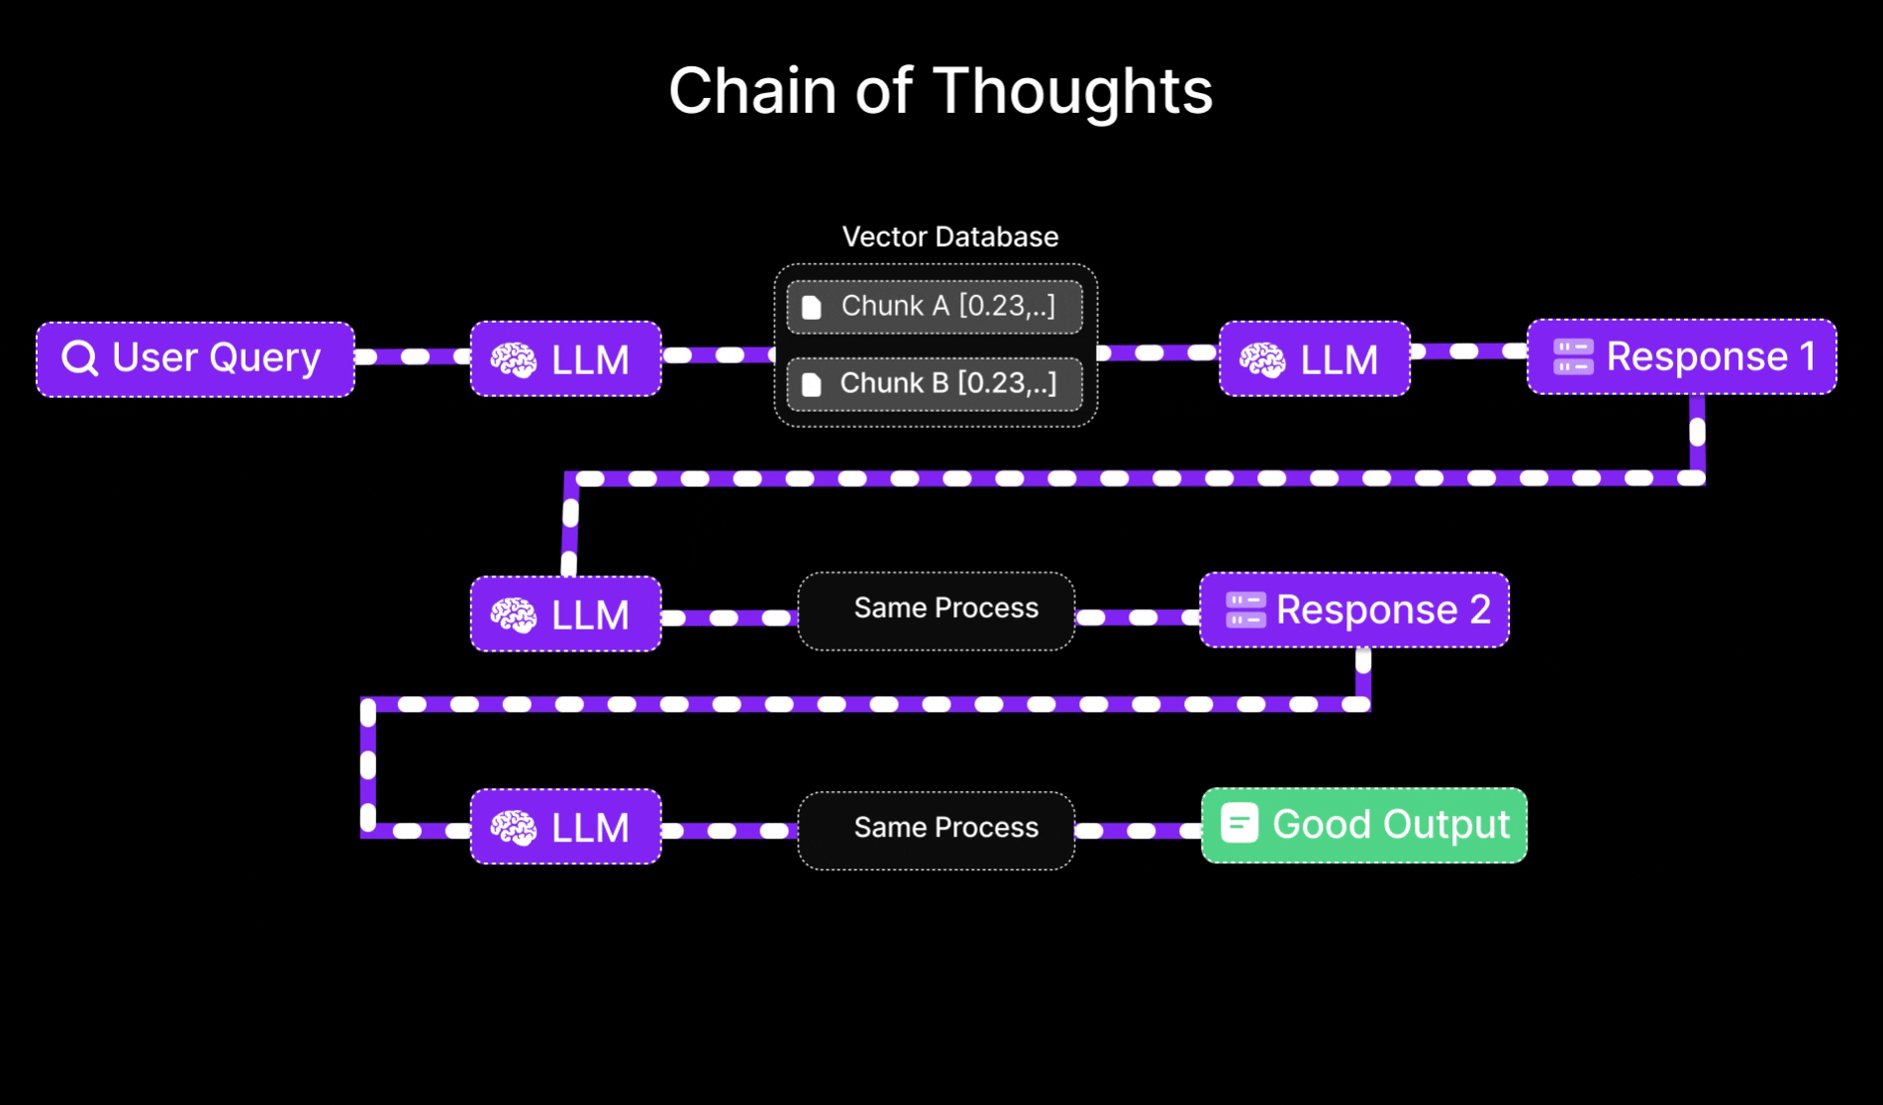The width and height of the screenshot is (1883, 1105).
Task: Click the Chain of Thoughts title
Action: point(941,91)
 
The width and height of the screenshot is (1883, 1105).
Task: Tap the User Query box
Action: point(195,358)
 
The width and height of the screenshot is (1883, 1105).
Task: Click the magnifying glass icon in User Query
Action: point(79,357)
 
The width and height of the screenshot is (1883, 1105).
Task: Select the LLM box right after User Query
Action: point(565,358)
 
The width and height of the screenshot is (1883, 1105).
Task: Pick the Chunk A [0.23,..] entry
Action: point(934,307)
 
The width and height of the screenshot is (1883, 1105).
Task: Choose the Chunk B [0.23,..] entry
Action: point(934,384)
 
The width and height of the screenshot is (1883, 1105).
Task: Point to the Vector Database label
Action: point(949,237)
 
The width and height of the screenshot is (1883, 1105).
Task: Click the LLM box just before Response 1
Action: point(1314,358)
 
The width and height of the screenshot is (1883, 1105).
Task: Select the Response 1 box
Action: point(1681,356)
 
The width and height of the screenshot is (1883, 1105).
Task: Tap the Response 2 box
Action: point(1353,610)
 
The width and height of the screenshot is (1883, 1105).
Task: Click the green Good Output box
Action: point(1363,825)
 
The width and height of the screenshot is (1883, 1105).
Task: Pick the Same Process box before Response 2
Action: point(936,610)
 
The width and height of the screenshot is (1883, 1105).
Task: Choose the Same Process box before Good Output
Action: point(936,830)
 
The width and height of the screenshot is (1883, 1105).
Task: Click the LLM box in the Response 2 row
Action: point(565,614)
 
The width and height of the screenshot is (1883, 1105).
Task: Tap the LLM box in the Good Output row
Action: point(565,827)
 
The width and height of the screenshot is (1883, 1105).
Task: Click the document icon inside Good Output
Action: point(1239,823)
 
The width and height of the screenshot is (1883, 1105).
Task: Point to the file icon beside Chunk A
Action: point(812,307)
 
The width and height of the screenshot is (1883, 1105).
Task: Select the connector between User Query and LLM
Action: point(412,356)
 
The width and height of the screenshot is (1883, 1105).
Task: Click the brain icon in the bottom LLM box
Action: point(513,828)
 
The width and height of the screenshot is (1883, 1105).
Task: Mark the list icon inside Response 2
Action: point(1244,610)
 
